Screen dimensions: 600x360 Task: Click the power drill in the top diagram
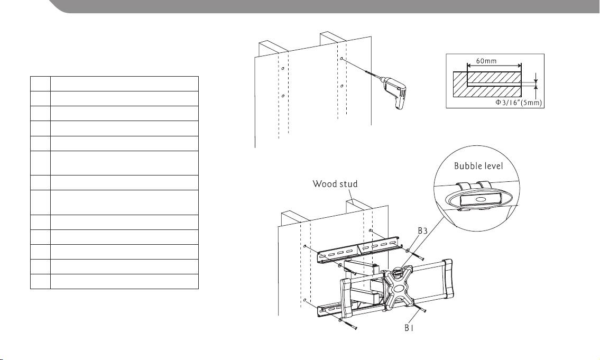tap(394, 93)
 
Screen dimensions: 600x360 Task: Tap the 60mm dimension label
tap(486, 61)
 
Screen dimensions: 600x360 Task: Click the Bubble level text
tap(478, 165)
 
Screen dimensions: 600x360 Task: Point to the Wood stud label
tap(335, 184)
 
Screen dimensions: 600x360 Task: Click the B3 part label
tap(422, 230)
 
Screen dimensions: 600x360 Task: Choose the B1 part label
tap(409, 328)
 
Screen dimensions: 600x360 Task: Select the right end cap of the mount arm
tap(447, 279)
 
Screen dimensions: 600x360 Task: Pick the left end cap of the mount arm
tap(346, 299)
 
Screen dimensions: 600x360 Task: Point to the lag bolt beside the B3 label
tap(415, 255)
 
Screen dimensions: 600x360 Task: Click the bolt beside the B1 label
tap(421, 308)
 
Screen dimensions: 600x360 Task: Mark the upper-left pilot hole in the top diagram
tap(282, 69)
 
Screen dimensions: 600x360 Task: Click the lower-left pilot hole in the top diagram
tap(282, 96)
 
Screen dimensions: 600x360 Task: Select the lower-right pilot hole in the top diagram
tap(341, 86)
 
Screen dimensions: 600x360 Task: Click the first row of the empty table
tap(114, 84)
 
